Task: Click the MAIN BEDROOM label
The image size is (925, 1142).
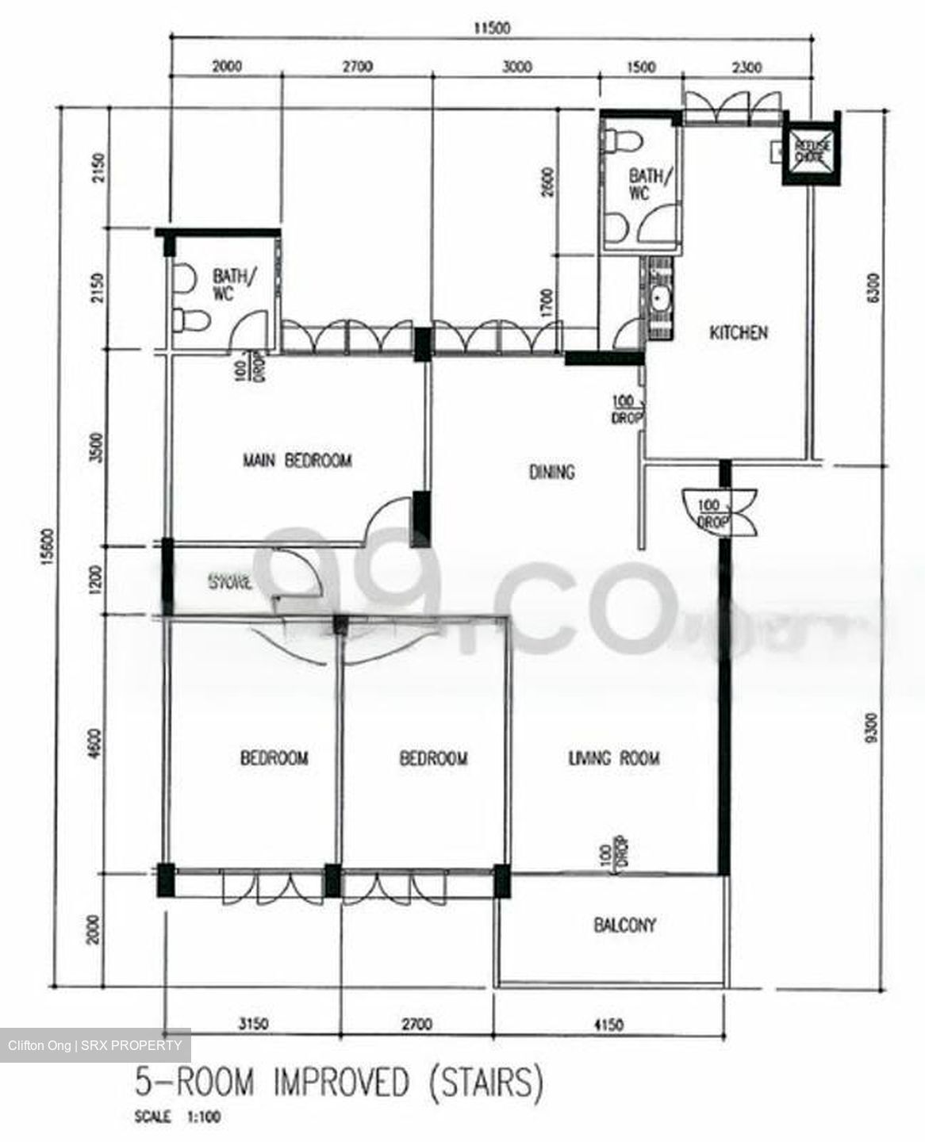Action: [x=297, y=460]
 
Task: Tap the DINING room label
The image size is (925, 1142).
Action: [x=551, y=472]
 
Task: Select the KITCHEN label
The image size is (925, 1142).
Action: [x=738, y=332]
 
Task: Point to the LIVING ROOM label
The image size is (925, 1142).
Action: [x=613, y=758]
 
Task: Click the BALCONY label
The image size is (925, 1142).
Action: [x=625, y=925]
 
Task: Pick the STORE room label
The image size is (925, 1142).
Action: [x=230, y=583]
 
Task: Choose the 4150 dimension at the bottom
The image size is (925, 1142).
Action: [x=607, y=1025]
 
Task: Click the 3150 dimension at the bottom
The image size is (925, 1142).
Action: [x=254, y=1025]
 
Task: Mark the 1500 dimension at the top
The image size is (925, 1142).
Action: [x=640, y=67]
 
